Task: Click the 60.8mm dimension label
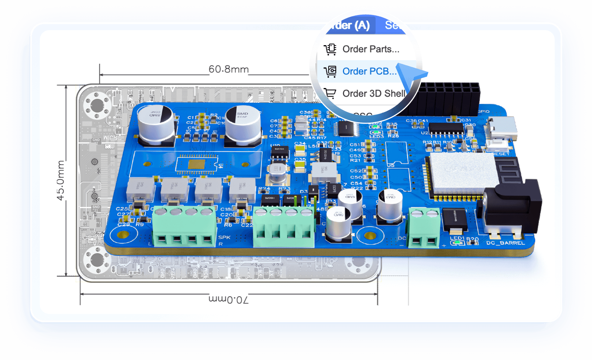[229, 69]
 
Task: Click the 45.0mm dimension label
[61, 180]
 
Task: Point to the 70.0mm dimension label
[229, 299]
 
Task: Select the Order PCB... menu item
[369, 71]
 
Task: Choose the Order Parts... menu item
[370, 49]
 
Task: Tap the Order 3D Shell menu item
[373, 94]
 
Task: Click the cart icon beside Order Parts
[330, 49]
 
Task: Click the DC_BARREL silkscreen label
[505, 243]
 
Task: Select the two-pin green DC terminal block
[424, 228]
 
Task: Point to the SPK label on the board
[224, 237]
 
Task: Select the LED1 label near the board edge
[457, 238]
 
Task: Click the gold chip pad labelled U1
[197, 164]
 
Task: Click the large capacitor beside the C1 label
[156, 123]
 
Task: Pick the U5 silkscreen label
[391, 165]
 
